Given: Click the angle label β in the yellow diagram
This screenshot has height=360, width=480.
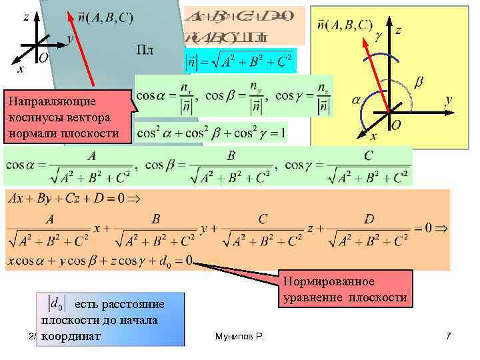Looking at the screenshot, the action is tap(419, 82).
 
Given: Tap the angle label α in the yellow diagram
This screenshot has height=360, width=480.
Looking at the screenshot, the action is tap(356, 99).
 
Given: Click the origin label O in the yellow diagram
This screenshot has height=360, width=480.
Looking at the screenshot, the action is tap(395, 125).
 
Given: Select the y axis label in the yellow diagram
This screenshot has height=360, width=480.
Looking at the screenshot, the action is tap(449, 99).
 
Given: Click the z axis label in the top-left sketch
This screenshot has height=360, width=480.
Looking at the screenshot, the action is tap(25, 18).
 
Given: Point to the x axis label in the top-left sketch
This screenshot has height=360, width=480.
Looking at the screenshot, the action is tap(20, 67).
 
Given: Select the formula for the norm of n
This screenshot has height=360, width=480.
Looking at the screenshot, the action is tap(238, 62).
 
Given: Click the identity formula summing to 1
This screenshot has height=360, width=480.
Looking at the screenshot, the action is tap(211, 133).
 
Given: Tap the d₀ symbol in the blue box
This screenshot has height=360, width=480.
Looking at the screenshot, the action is tap(58, 304).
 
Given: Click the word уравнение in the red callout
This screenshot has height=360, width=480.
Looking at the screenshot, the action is tap(311, 297).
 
